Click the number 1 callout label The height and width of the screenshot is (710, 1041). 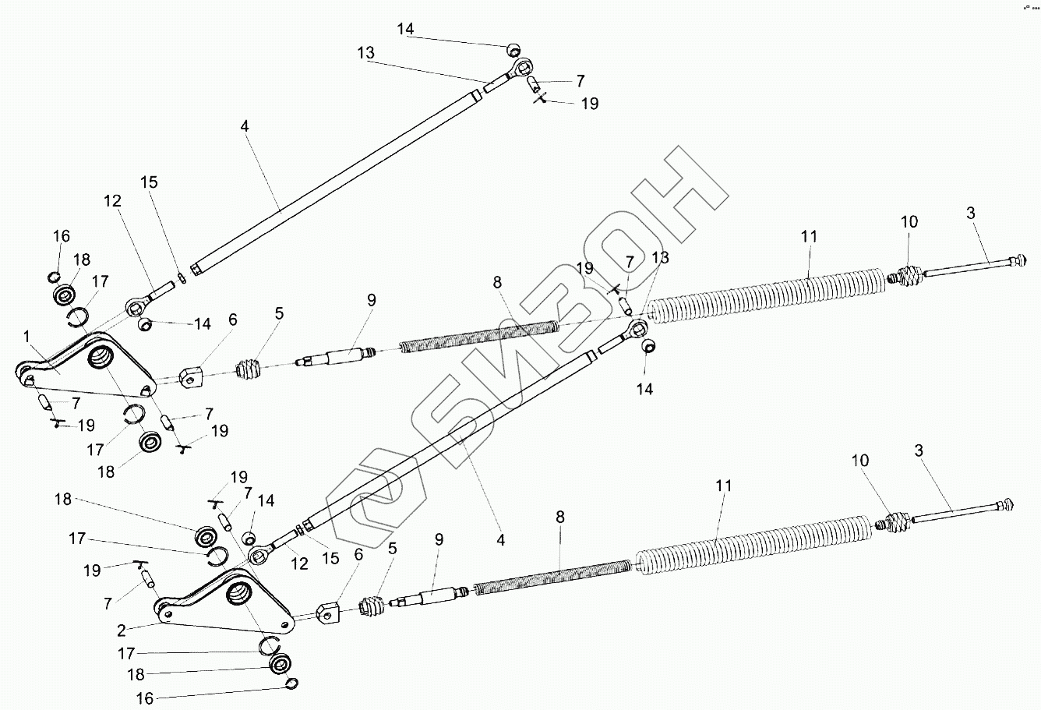click(x=28, y=336)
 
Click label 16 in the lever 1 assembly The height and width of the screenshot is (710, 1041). click(x=61, y=236)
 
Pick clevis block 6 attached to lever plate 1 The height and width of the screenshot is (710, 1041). click(x=192, y=378)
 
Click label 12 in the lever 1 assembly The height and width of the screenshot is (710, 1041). click(x=112, y=201)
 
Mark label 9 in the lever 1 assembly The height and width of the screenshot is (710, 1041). click(x=371, y=298)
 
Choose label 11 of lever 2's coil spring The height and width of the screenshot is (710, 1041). click(x=724, y=486)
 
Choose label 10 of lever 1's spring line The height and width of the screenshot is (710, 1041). click(x=909, y=222)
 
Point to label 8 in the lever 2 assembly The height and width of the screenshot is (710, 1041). click(x=561, y=517)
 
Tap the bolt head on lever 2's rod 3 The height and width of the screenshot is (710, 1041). click(x=1010, y=505)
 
